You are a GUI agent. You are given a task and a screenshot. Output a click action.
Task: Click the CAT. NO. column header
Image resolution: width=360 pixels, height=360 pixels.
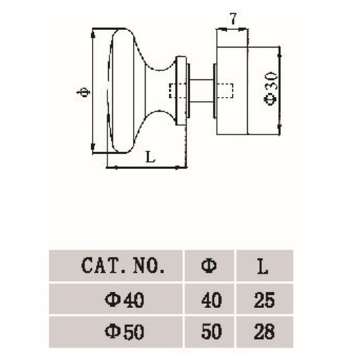click(x=122, y=266)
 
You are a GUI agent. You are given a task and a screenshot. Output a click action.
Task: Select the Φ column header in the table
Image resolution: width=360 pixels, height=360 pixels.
click(x=209, y=266)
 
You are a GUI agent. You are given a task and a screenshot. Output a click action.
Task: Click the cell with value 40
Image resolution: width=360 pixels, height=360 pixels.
click(x=210, y=300)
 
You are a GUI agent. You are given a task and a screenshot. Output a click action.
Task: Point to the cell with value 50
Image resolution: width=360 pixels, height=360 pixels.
click(x=210, y=333)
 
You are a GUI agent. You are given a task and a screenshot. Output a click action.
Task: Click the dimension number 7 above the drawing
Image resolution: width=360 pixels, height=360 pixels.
click(x=233, y=19)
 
